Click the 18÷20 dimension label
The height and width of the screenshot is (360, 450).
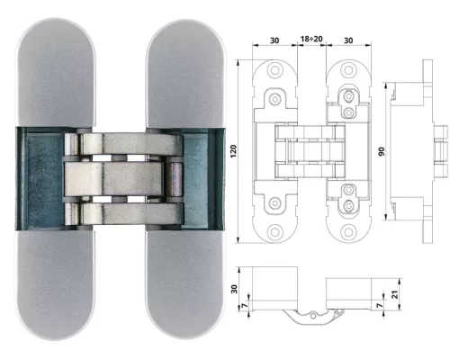pos(311,39)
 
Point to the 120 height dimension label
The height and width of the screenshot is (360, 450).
pos(233,151)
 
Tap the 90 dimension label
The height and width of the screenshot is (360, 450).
pos(381,151)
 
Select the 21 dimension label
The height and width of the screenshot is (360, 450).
pos(396,294)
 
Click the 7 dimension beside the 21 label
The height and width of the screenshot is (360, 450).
pos(380,305)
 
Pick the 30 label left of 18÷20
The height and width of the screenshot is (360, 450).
pos(274,40)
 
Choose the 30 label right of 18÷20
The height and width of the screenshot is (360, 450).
pos(348,40)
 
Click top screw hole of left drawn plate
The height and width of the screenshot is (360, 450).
pos(274,70)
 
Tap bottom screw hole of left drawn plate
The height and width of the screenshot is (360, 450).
pos(274,232)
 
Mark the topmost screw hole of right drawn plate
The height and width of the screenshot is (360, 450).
pos(348,70)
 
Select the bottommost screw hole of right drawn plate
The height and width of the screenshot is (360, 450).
pos(348,232)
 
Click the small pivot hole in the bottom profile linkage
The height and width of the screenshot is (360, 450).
pos(313,316)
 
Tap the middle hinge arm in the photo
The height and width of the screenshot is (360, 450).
pos(113,179)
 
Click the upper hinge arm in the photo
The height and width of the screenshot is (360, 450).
pos(131,144)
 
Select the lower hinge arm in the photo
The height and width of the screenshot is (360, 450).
pos(131,213)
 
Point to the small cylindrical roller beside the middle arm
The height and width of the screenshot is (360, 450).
pos(175,179)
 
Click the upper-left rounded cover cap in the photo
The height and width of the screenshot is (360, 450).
pos(56,72)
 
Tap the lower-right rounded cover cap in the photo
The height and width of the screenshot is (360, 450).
pos(185,285)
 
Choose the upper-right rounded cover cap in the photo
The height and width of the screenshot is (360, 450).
pos(185,74)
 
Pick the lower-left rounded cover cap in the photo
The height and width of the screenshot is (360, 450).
pos(56,285)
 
